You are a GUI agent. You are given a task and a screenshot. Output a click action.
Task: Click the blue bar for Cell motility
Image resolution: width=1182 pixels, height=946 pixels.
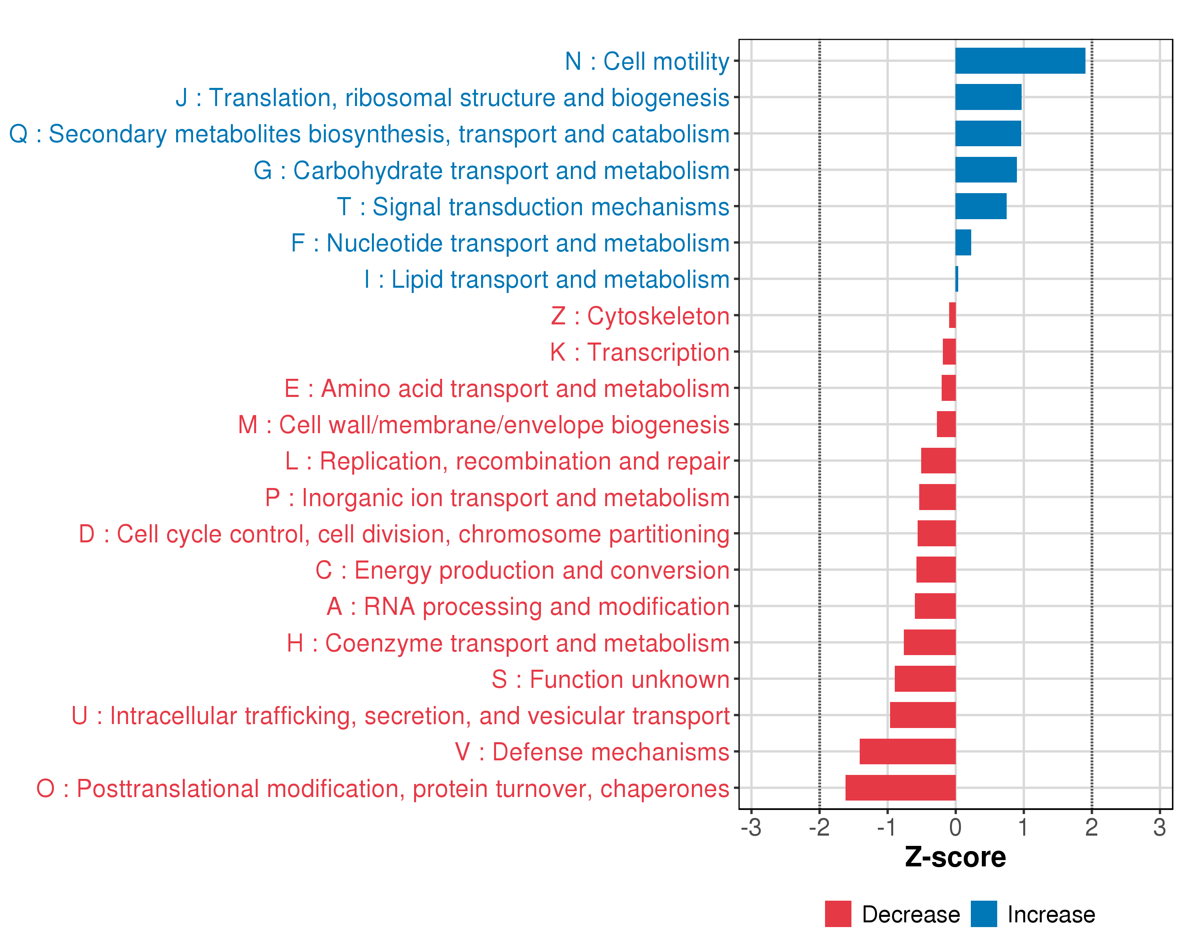click(x=1020, y=61)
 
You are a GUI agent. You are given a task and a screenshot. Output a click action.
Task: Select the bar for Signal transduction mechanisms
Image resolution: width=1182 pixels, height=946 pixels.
click(x=980, y=206)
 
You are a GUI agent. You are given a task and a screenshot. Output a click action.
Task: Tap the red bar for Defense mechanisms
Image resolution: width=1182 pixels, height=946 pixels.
click(x=907, y=751)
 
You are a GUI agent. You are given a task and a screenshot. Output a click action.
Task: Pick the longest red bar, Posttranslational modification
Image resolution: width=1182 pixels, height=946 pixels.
click(x=900, y=788)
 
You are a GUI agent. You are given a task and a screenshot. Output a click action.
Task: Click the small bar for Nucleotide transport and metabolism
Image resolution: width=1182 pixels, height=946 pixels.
click(x=963, y=242)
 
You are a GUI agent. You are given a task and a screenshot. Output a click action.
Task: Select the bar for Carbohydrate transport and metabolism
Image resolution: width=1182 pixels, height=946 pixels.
click(x=986, y=170)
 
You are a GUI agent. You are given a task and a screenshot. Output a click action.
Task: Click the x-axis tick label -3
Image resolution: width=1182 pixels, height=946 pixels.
click(x=751, y=827)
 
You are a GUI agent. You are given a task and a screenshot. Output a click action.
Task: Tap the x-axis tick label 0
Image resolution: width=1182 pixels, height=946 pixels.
click(x=955, y=827)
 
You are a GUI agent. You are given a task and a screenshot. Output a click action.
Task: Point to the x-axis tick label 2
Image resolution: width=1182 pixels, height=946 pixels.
click(x=1091, y=827)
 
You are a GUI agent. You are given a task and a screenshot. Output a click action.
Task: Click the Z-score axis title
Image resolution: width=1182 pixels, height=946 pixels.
click(x=955, y=857)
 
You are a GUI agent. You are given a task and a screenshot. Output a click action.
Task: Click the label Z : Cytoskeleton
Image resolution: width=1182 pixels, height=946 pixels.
click(x=640, y=316)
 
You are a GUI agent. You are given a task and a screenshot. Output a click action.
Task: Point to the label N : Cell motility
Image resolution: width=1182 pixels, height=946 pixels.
click(x=647, y=61)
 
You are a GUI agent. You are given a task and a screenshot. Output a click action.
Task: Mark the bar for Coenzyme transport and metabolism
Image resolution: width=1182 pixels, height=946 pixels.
click(x=929, y=642)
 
